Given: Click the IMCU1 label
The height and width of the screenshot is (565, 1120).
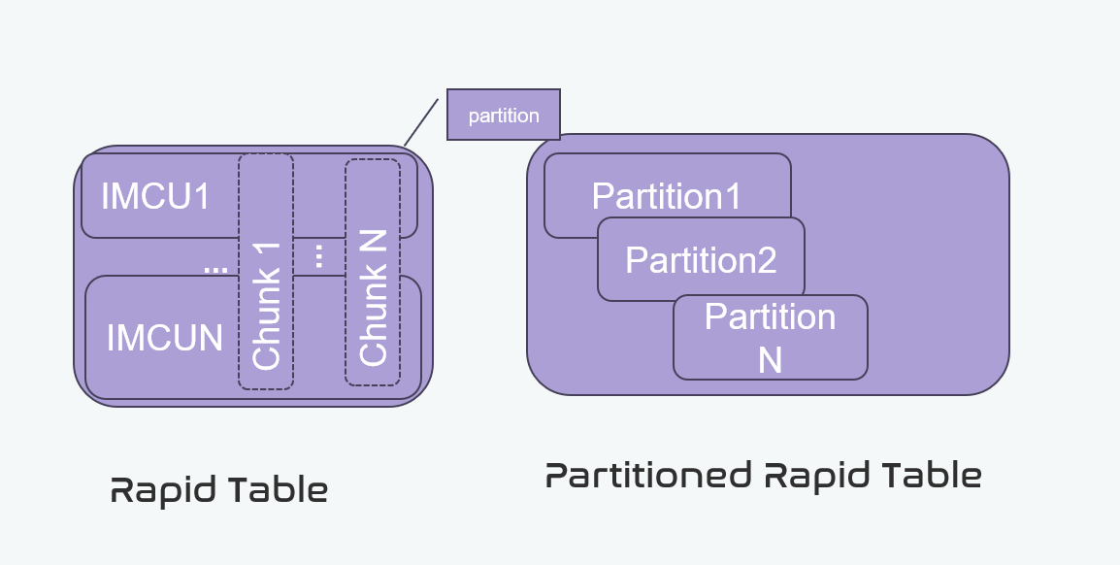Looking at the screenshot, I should click(x=155, y=197).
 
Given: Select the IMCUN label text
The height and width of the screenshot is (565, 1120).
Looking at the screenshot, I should click(x=165, y=338).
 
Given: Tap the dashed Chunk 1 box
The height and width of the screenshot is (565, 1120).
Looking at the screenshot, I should click(x=266, y=272).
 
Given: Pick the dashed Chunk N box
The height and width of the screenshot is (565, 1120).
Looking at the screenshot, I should click(x=373, y=272).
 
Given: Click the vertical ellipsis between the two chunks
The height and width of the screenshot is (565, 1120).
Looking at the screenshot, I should click(x=319, y=256).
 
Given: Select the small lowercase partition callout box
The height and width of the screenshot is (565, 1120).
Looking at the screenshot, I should click(x=503, y=116).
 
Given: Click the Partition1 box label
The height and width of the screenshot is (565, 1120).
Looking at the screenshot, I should click(x=667, y=197).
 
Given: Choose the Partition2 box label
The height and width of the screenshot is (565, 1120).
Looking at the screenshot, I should click(x=701, y=260).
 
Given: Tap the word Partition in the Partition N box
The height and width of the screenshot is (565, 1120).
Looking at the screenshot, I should click(x=770, y=317).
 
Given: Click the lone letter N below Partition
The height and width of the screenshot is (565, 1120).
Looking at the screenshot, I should click(x=770, y=359).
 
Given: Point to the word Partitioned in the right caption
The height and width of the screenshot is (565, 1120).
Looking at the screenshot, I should click(x=647, y=476).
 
